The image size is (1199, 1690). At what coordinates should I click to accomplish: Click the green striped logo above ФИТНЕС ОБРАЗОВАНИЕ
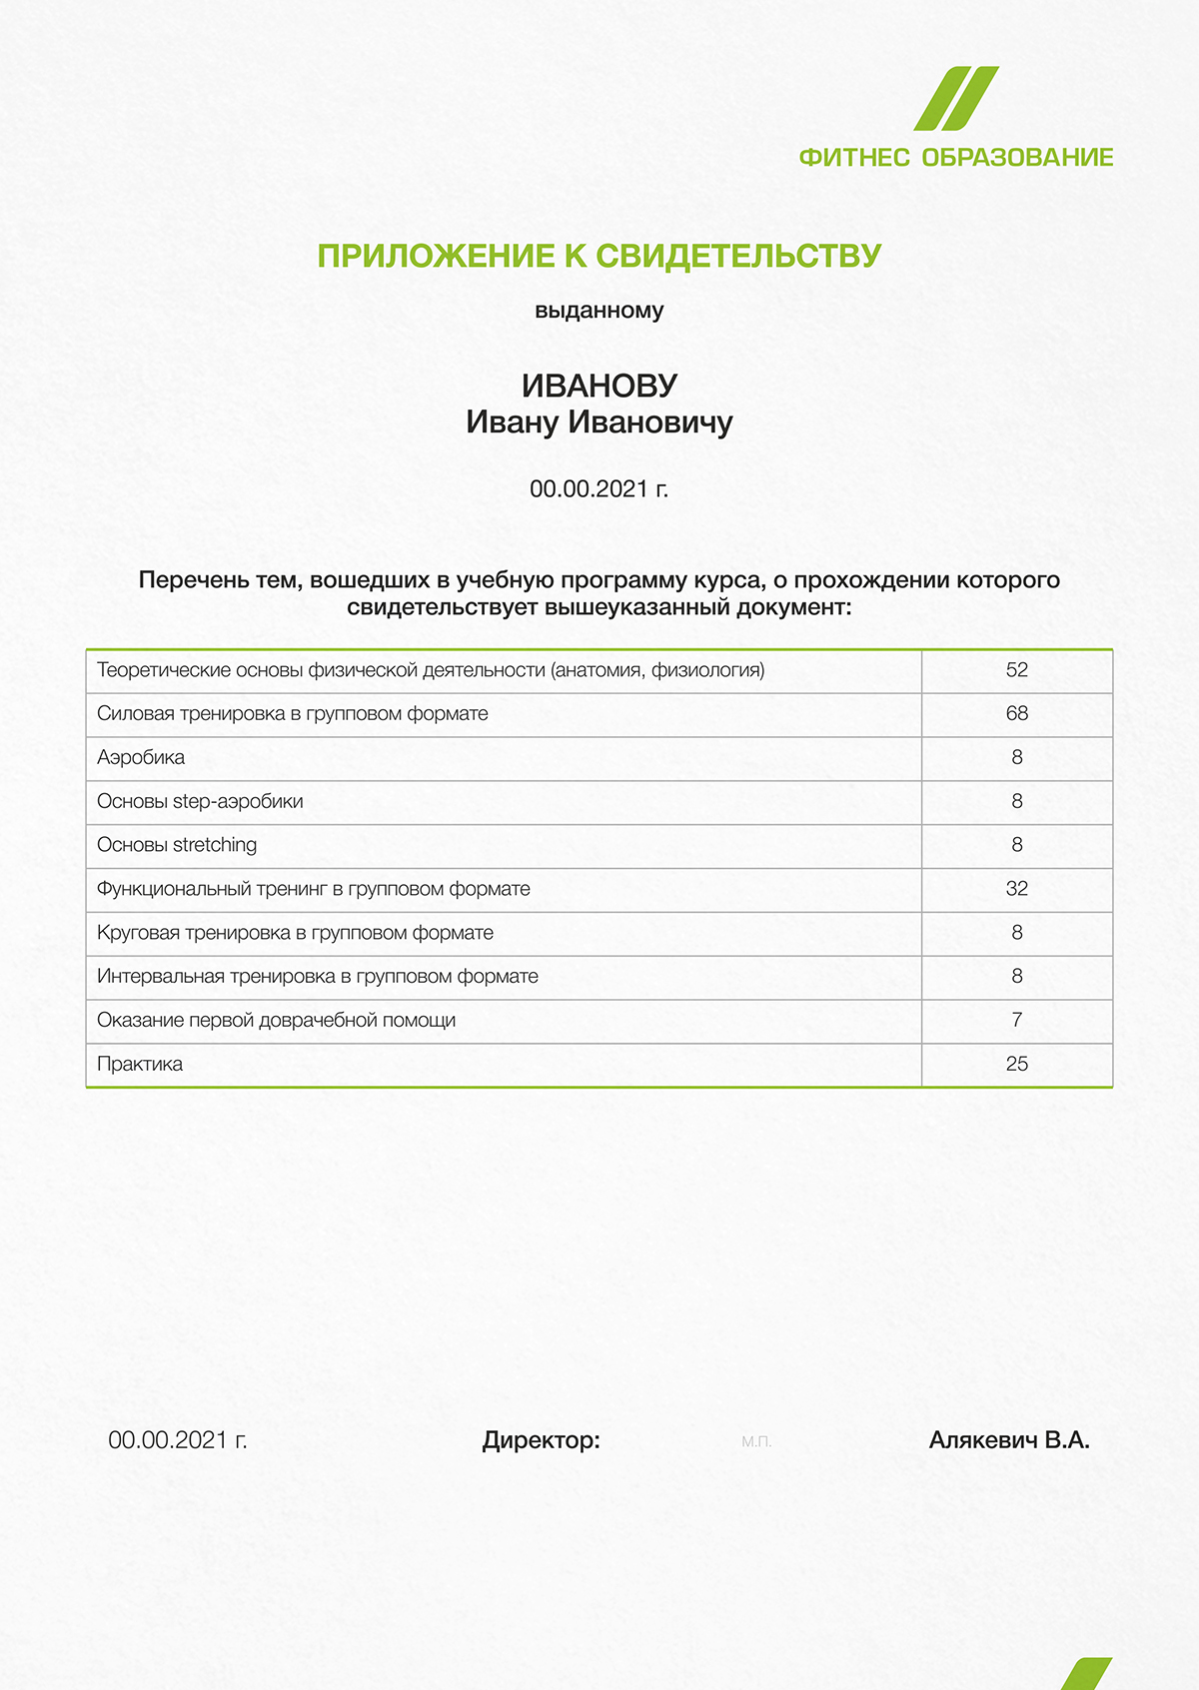956,99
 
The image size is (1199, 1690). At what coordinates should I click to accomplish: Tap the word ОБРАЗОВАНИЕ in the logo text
1017,158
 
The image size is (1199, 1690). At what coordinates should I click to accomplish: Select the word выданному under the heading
599,311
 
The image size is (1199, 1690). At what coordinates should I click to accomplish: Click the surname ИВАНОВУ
599,386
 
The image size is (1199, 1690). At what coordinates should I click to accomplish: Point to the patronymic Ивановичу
650,422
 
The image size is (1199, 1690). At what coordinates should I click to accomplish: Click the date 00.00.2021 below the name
589,489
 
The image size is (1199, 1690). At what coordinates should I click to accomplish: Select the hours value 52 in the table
1017,670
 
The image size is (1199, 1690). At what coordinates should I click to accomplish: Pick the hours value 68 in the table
1017,714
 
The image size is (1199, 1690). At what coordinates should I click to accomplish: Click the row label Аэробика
141,758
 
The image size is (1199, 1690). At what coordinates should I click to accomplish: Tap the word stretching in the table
215,845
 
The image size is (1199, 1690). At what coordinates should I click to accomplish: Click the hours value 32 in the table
1017,889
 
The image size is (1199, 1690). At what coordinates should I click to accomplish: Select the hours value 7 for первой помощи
1017,1020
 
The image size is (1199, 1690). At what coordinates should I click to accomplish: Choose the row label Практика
140,1064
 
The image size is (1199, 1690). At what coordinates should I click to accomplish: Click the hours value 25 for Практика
1017,1064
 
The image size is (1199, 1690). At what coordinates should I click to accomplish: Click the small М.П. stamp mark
756,1441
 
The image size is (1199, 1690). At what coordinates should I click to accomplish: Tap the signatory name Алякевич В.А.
1009,1440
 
